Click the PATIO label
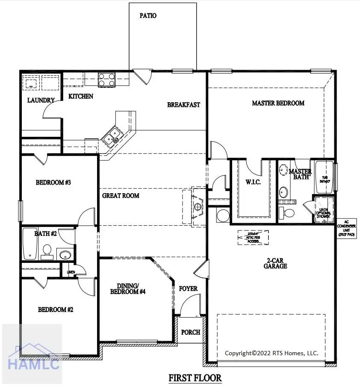coord(148,16)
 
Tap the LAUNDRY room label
coord(41,100)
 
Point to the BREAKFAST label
coord(183,105)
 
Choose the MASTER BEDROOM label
coord(278,103)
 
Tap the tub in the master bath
coord(325,177)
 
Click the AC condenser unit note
coord(346,229)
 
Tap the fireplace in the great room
coord(197,207)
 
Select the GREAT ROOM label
coord(121,196)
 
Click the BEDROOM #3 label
coord(53,183)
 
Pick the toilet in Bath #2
coord(47,251)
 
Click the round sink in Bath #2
coord(65,255)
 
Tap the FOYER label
coord(188,289)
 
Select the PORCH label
coord(191,332)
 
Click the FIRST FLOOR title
coord(195,378)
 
